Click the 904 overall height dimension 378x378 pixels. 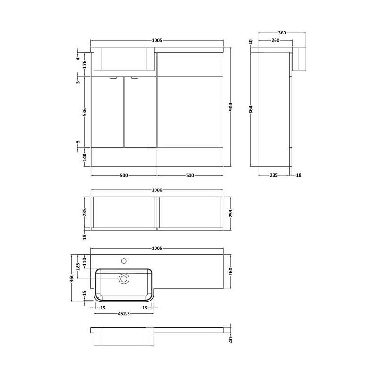pyautogui.click(x=231, y=107)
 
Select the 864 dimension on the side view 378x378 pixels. pyautogui.click(x=251, y=110)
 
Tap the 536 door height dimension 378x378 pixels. pyautogui.click(x=85, y=112)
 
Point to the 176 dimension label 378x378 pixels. pyautogui.click(x=85, y=65)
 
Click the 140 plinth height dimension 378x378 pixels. pyautogui.click(x=85, y=157)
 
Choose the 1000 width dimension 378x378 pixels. pyautogui.click(x=157, y=190)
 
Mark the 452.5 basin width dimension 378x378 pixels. pyautogui.click(x=124, y=314)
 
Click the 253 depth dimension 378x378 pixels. pyautogui.click(x=231, y=214)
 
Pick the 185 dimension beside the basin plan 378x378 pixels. pyautogui.click(x=78, y=267)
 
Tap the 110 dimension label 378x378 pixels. pyautogui.click(x=85, y=262)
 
